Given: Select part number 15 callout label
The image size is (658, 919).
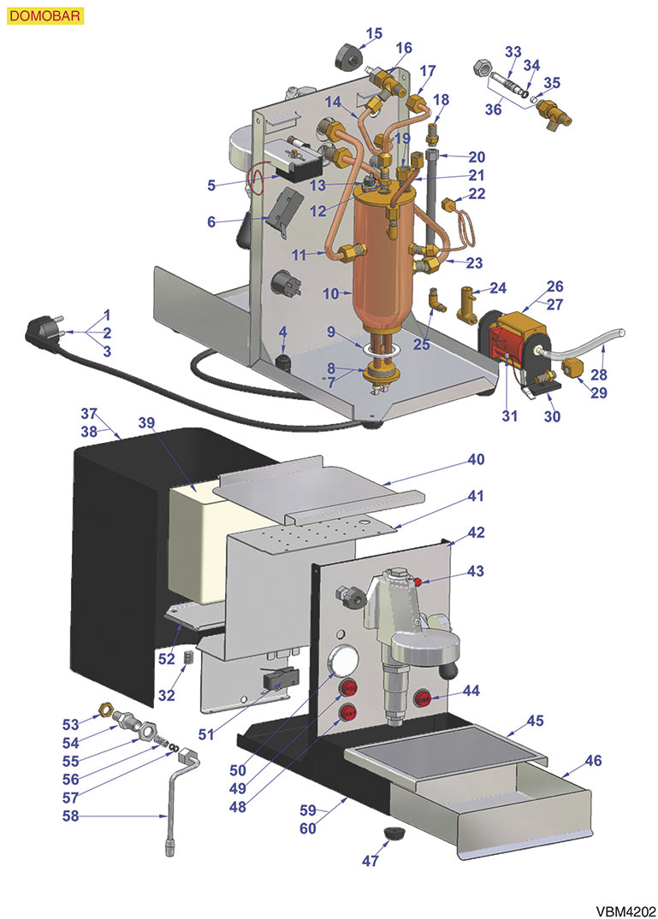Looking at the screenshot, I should (374, 34).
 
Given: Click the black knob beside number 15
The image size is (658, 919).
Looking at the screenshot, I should (347, 58).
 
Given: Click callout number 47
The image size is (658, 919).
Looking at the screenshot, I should (370, 861).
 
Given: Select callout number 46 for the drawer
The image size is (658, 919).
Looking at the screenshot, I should (592, 759).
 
